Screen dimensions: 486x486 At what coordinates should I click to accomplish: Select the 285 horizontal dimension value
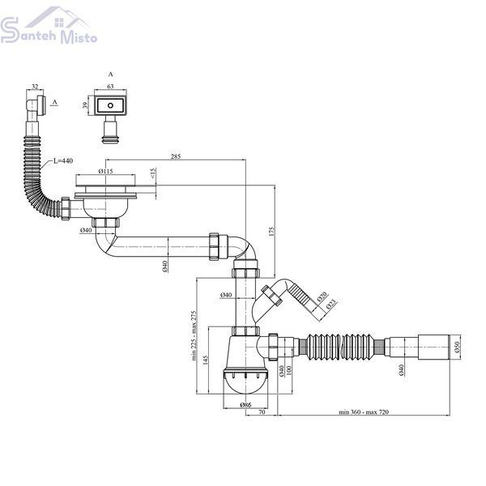[176, 156]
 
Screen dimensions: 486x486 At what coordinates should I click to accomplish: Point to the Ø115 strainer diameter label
[105, 171]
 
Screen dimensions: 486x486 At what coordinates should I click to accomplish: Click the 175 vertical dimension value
[272, 232]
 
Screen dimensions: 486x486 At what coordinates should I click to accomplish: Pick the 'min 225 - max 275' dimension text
[194, 335]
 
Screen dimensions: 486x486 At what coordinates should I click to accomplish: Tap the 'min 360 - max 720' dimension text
[364, 412]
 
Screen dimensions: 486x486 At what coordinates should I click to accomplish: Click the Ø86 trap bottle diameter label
[245, 404]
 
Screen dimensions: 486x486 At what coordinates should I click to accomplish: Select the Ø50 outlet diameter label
[457, 347]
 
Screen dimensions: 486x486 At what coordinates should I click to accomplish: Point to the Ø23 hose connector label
[331, 305]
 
